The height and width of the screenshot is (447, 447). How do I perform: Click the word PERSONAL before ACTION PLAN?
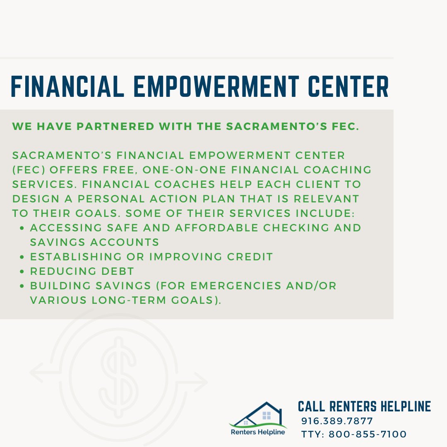(109, 199)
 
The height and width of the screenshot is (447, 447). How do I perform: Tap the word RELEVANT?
(326, 199)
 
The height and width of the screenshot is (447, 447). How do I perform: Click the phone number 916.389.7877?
(337, 421)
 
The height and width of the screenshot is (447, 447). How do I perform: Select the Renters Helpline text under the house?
(258, 433)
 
